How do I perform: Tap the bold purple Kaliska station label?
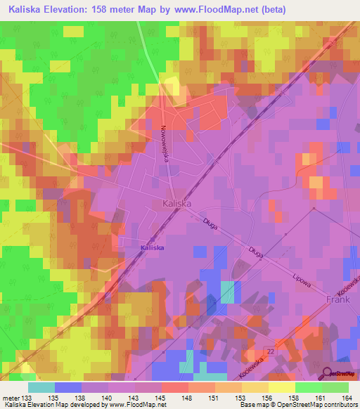pyautogui.click(x=153, y=248)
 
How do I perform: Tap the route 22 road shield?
pyautogui.click(x=271, y=350)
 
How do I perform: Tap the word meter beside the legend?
pyautogui.click(x=11, y=397)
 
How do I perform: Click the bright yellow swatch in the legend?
pyautogui.click(x=281, y=387)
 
